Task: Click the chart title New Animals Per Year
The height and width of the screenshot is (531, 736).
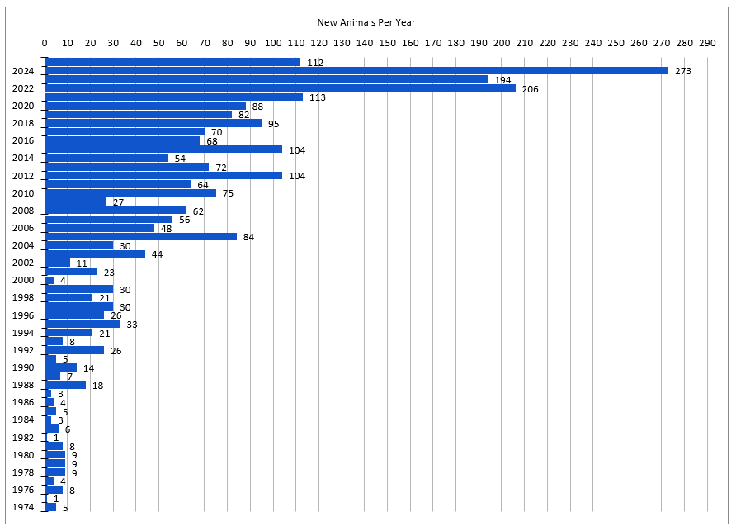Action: pos(366,22)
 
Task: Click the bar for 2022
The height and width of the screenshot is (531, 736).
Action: pos(281,88)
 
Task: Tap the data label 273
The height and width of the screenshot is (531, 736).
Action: pos(682,72)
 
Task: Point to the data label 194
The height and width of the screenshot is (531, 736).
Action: pos(502,80)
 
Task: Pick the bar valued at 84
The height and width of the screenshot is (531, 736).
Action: pos(141,237)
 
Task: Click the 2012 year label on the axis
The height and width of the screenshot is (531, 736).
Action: pos(23,176)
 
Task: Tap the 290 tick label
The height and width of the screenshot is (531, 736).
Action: pos(707,43)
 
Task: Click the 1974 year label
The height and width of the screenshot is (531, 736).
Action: pos(23,508)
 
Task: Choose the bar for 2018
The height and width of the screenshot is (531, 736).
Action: pos(153,123)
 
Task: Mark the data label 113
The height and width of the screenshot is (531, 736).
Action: pos(317,97)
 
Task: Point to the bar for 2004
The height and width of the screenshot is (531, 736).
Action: pos(79,245)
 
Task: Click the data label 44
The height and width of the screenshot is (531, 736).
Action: pos(157,254)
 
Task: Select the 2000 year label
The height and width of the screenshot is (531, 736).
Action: pos(23,281)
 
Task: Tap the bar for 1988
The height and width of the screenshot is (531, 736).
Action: pos(66,385)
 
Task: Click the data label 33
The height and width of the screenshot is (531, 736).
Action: pos(131,325)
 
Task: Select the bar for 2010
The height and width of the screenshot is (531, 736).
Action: pos(130,193)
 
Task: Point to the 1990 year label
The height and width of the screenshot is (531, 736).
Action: pos(23,367)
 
